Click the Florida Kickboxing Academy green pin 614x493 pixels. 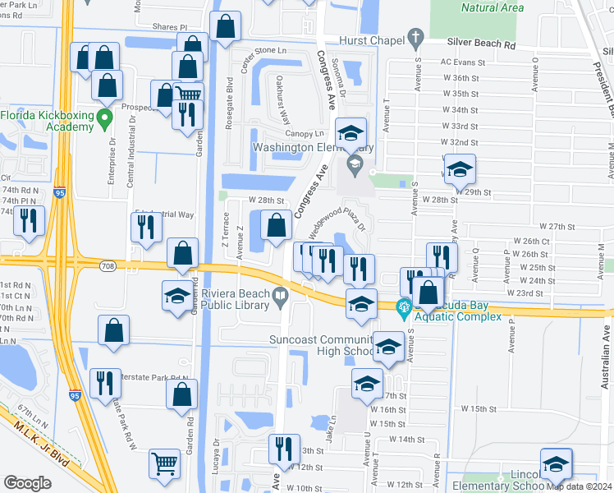pos(103,120)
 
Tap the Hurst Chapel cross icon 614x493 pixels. pos(416,38)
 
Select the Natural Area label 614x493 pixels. pos(493,7)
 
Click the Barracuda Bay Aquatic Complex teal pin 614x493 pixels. pos(403,309)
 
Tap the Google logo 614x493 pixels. pos(27,483)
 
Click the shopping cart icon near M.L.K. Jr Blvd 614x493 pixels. pos(165,464)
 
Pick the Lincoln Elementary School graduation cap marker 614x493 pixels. pos(556,464)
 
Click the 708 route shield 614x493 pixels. pos(108,265)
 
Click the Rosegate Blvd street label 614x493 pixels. pos(230,104)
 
